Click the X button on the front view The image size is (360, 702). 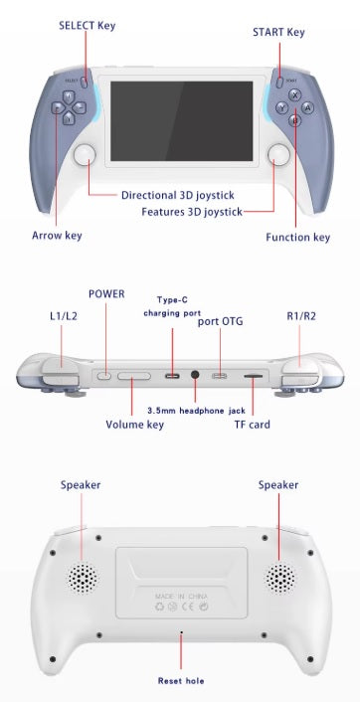click(294, 94)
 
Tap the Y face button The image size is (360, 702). click(281, 108)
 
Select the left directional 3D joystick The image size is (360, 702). click(86, 155)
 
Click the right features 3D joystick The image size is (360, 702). click(278, 155)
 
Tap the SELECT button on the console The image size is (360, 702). click(85, 82)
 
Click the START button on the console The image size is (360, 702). click(279, 83)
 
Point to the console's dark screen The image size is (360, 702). click(182, 121)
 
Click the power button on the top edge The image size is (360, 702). click(104, 376)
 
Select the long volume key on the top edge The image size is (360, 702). click(134, 376)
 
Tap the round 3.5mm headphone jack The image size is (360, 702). click(195, 375)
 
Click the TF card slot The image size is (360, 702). click(253, 377)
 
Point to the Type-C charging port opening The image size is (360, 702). click(172, 375)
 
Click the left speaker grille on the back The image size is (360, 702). click(83, 578)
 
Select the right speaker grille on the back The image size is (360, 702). click(280, 578)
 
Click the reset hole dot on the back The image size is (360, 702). click(181, 632)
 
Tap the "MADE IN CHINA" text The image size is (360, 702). click(181, 597)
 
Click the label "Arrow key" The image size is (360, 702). click(57, 236)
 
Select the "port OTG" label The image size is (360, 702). click(221, 321)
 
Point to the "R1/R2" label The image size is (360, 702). click(301, 316)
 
